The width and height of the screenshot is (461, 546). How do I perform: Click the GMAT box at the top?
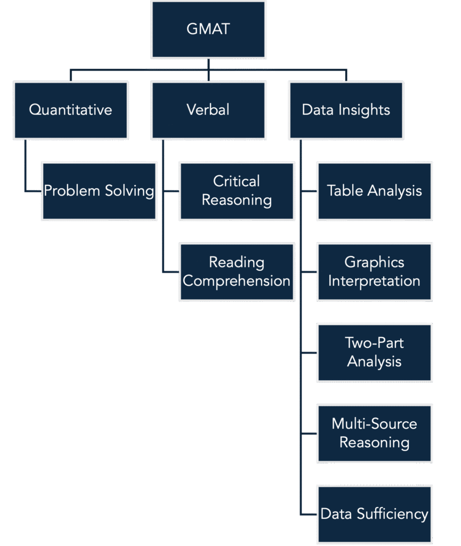(208, 30)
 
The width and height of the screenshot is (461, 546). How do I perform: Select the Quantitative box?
(71, 110)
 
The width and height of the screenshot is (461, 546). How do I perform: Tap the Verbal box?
(208, 110)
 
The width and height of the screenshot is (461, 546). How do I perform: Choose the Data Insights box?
(346, 110)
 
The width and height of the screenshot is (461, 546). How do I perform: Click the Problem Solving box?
(99, 191)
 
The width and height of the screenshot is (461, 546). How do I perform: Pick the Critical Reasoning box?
(237, 191)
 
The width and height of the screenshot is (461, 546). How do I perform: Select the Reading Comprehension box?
(237, 272)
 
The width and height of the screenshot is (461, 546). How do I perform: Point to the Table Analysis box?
(374, 191)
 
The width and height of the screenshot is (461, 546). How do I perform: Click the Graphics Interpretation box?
(374, 272)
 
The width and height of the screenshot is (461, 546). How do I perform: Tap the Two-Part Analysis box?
(374, 353)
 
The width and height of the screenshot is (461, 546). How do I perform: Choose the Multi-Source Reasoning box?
(374, 433)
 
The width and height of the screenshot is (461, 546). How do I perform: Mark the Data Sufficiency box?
(374, 515)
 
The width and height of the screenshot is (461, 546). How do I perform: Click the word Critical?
(237, 181)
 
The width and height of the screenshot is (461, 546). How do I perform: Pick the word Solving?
(130, 191)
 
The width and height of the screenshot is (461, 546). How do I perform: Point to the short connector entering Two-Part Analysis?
(309, 353)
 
